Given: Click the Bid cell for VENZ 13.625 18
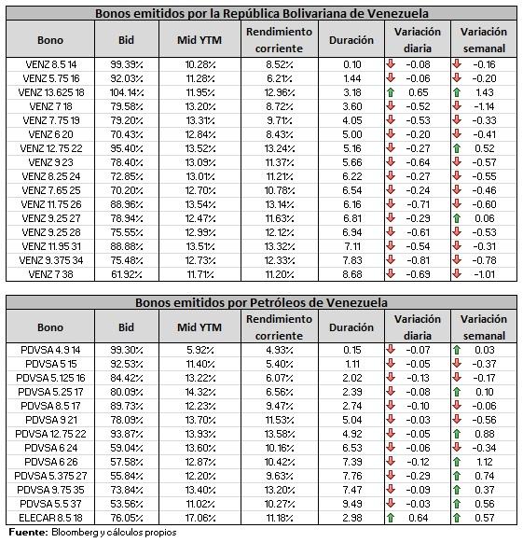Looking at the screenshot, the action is pos(127,92).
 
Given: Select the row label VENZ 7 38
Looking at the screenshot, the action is pos(50,274).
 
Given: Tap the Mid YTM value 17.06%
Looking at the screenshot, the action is pos(200,518).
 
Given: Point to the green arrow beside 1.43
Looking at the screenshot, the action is pos(457,92).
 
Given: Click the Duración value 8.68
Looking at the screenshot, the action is pos(352,274).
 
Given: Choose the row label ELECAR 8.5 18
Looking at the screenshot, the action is pos(50,518).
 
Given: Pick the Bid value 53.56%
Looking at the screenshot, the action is pos(127,504).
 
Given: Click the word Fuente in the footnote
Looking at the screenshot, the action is pos(28,533).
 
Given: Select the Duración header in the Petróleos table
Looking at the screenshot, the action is pos(351,327).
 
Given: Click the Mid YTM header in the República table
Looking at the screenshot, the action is pos(200,40).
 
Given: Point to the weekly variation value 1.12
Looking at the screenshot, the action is pos(485,462).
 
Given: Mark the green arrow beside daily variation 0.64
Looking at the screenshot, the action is pos(391,518).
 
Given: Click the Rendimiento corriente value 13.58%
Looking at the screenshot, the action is pos(280,434).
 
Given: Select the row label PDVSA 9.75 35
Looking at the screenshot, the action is pos(50,490).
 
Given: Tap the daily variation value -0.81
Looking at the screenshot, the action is pos(418,260).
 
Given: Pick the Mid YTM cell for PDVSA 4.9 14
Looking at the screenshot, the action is pos(200,350).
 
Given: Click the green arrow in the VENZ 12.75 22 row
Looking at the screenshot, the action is pos(457,148).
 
